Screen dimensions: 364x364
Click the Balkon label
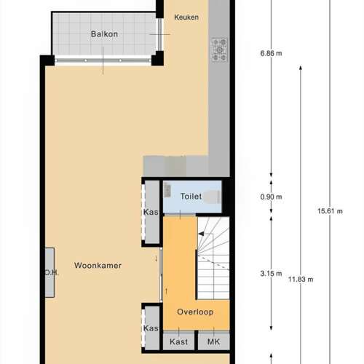click(x=104, y=34)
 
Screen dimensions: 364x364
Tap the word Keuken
click(x=186, y=17)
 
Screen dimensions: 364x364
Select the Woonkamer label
click(x=98, y=265)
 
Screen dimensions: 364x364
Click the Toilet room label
click(x=191, y=196)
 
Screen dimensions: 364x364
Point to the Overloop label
click(x=195, y=312)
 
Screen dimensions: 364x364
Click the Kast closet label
click(x=179, y=341)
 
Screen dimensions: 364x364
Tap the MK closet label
click(x=213, y=341)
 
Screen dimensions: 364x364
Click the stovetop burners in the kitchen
click(x=219, y=50)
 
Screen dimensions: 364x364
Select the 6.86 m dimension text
click(x=271, y=53)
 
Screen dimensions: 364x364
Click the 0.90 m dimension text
click(x=271, y=197)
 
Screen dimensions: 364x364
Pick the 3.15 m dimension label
click(x=271, y=274)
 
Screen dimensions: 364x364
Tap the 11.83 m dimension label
click(x=301, y=280)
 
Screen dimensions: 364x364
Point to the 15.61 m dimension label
click(x=330, y=211)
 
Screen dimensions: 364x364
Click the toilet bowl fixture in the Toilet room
click(x=212, y=197)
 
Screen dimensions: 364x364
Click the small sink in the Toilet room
click(x=167, y=190)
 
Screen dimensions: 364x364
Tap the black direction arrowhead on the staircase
click(x=201, y=234)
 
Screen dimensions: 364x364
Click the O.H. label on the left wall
click(x=52, y=273)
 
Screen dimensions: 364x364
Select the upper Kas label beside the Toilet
click(x=151, y=212)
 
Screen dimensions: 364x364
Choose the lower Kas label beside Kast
click(x=151, y=328)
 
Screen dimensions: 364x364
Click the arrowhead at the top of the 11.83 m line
click(x=301, y=68)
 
